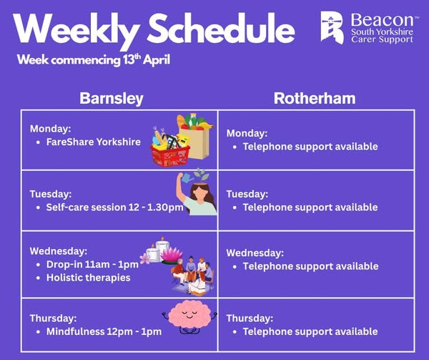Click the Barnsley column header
[112, 98]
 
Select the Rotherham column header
[315, 98]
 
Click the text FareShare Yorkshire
[93, 142]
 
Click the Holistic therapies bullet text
[88, 277]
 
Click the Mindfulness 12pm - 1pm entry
[104, 331]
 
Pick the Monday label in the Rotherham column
[247, 133]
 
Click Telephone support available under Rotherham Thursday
[310, 331]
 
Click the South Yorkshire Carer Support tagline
[381, 36]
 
